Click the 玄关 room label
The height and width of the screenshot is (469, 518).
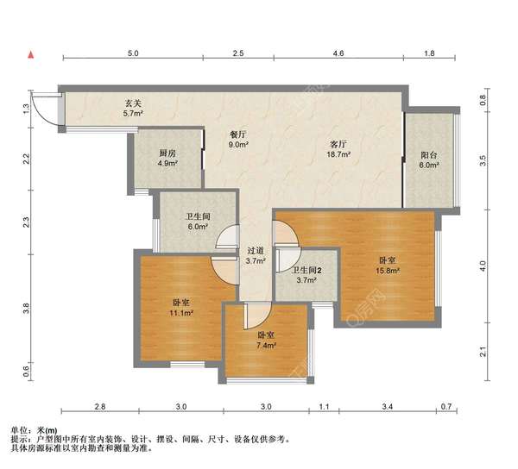click(x=132, y=103)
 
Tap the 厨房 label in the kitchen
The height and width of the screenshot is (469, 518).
click(x=167, y=153)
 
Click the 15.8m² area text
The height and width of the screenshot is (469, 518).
click(x=387, y=270)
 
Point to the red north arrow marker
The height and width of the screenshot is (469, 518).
click(x=32, y=55)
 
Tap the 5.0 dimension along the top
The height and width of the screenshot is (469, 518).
click(x=133, y=54)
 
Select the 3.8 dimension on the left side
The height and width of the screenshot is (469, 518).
click(x=27, y=307)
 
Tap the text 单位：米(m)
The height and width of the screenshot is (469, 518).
click(x=35, y=428)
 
